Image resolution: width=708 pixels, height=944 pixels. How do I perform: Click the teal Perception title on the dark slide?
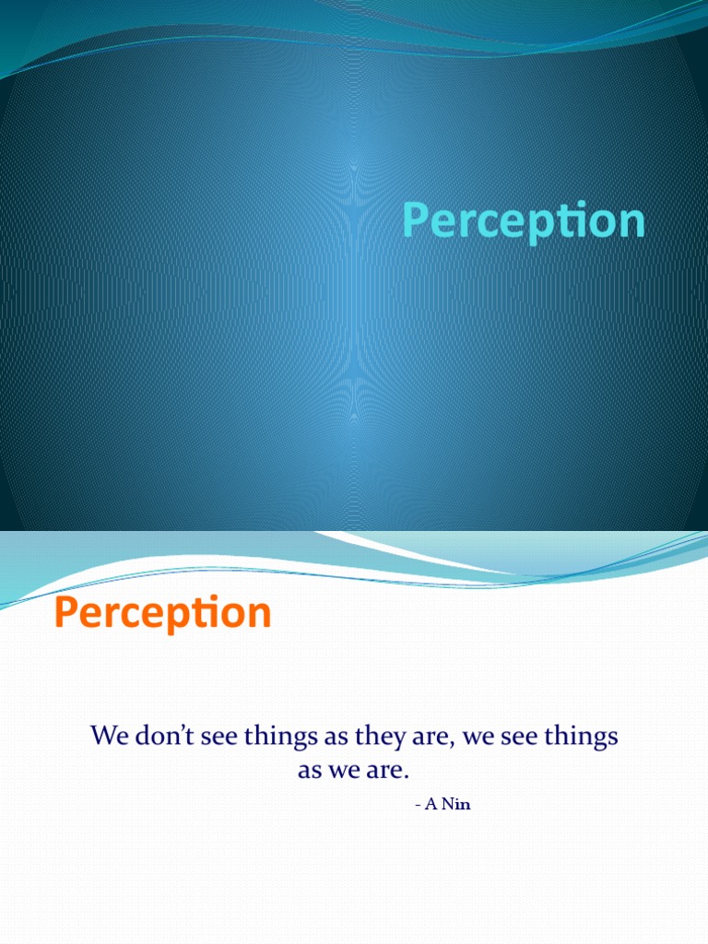[524, 221]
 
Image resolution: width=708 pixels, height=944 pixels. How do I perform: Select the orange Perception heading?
[162, 613]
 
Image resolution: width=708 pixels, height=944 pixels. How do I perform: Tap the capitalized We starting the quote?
[111, 735]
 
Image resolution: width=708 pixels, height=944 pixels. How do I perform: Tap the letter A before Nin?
[431, 804]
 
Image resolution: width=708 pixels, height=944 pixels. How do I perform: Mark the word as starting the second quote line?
[310, 772]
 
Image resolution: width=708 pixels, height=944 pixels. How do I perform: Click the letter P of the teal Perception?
[415, 219]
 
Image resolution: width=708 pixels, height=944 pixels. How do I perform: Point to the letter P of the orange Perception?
[65, 612]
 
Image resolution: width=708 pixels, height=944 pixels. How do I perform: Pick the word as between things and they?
[336, 738]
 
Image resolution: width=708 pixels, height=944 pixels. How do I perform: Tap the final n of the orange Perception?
[260, 616]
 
